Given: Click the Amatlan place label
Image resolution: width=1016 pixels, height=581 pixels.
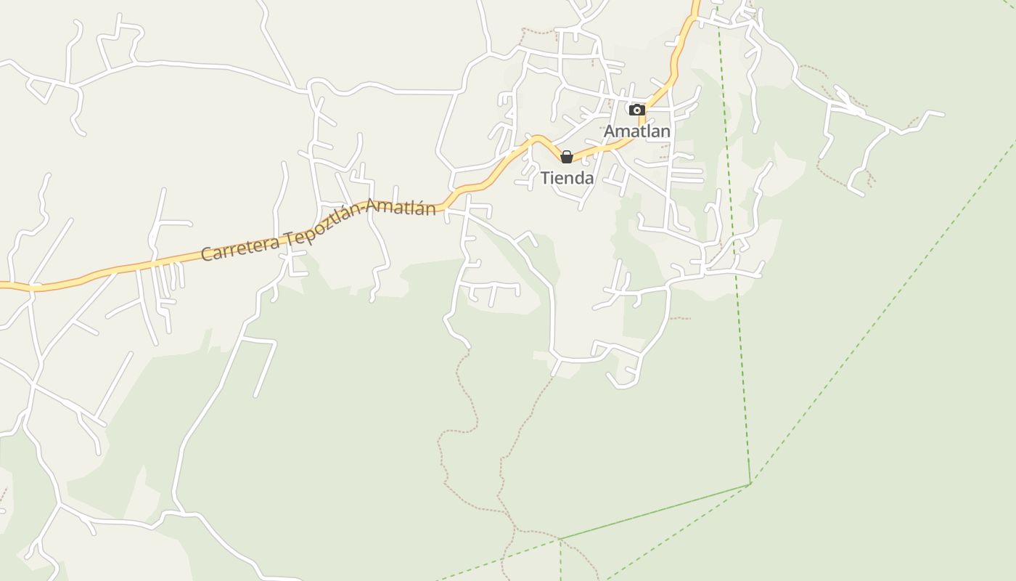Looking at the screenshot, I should [637, 131].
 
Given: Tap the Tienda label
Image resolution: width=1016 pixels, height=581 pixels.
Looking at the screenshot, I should [567, 178].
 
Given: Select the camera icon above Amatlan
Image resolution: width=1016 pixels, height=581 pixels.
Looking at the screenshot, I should [637, 110].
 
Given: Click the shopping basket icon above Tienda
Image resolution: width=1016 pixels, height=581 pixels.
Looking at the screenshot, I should [567, 157].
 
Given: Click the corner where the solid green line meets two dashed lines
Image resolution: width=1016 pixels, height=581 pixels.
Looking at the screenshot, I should [750, 484].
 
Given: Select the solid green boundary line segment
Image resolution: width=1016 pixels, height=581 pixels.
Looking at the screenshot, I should [653, 511].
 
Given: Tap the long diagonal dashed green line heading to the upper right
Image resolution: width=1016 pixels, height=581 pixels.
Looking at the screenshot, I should [885, 305].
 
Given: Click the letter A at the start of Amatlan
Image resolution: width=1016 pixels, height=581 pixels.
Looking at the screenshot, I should [610, 131].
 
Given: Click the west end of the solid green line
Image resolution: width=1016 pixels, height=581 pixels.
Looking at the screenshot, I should [561, 539].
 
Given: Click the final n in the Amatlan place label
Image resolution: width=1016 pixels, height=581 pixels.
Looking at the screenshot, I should [665, 131].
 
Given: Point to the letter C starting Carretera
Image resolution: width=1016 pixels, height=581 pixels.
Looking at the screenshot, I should [206, 254].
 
